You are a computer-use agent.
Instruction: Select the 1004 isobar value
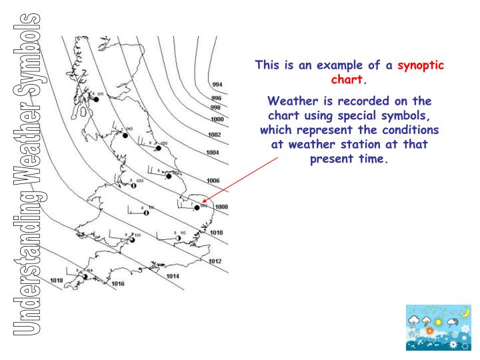[213, 152]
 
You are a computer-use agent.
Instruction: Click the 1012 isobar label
[215, 261]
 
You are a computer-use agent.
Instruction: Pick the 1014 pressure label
[173, 275]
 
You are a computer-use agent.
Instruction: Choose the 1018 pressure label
[57, 281]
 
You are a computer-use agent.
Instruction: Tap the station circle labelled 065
[125, 135]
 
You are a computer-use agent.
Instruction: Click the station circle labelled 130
[132, 240]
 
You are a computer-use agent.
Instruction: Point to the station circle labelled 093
[134, 186]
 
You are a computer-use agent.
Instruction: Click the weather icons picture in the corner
[437, 328]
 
